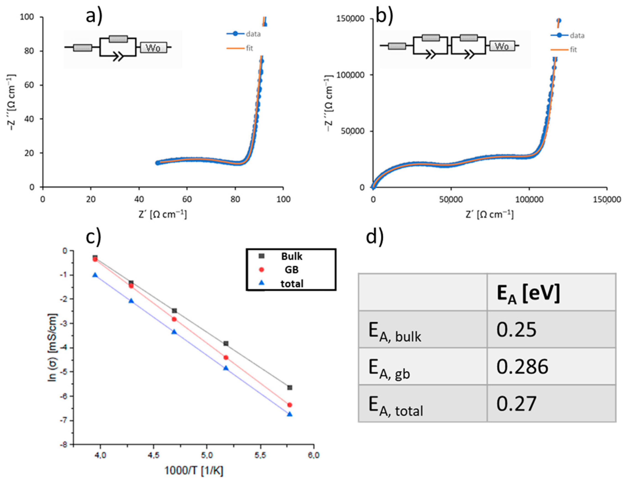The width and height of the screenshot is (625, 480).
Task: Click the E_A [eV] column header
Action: coord(528,294)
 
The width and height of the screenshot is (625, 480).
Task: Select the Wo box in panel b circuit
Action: coord(502,46)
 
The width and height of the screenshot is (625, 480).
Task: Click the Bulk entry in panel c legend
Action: coord(291,256)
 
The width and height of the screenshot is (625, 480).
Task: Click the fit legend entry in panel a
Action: coord(249,48)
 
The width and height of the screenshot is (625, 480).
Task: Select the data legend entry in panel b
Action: coord(576,35)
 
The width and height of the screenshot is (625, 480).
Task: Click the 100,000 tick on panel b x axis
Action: coord(529,199)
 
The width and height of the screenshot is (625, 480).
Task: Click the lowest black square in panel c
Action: coord(290,387)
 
